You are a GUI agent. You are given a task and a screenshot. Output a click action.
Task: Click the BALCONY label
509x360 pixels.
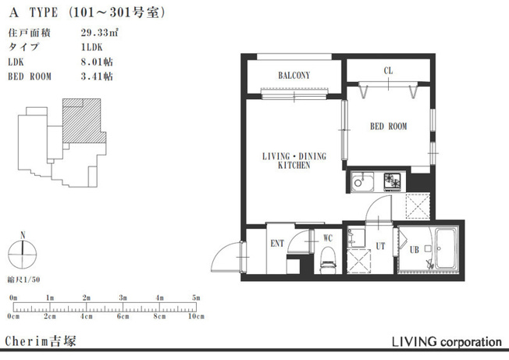294,76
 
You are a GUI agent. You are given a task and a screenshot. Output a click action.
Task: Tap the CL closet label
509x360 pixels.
388,71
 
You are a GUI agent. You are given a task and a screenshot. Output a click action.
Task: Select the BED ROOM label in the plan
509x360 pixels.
389,127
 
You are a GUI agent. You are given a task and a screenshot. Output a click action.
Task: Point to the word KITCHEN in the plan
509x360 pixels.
294,166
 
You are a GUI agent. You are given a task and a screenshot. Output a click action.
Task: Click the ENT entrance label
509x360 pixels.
277,243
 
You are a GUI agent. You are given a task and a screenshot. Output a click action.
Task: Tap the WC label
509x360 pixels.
328,238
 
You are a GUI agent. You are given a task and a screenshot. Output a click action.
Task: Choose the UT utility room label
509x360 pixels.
380,247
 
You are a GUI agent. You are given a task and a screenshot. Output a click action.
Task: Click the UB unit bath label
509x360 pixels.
415,250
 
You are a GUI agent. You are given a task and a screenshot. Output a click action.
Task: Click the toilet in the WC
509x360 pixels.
328,259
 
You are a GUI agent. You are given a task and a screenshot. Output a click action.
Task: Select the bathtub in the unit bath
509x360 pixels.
446,248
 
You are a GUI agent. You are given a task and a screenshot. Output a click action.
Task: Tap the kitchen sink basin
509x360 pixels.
362,182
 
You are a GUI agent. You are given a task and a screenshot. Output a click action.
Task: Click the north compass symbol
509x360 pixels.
23,254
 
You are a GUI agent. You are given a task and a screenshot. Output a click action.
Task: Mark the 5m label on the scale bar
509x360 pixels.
196,298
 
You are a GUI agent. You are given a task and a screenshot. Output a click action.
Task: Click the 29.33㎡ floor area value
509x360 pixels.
99,33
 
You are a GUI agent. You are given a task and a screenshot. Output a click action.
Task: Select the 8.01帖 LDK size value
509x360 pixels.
97,62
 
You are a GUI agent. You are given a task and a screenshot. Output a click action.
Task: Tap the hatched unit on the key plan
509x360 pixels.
84,121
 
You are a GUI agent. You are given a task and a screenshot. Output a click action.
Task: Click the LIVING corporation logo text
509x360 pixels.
447,342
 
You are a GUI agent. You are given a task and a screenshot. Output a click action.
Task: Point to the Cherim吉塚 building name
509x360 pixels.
41,341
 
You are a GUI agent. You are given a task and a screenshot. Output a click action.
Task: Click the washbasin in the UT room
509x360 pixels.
356,238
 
